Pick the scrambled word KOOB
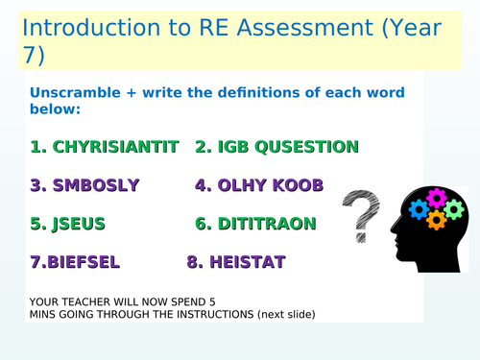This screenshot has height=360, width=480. coord(297,185)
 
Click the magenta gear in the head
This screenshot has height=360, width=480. coord(436,198)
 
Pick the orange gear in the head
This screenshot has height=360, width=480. coord(436,220)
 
